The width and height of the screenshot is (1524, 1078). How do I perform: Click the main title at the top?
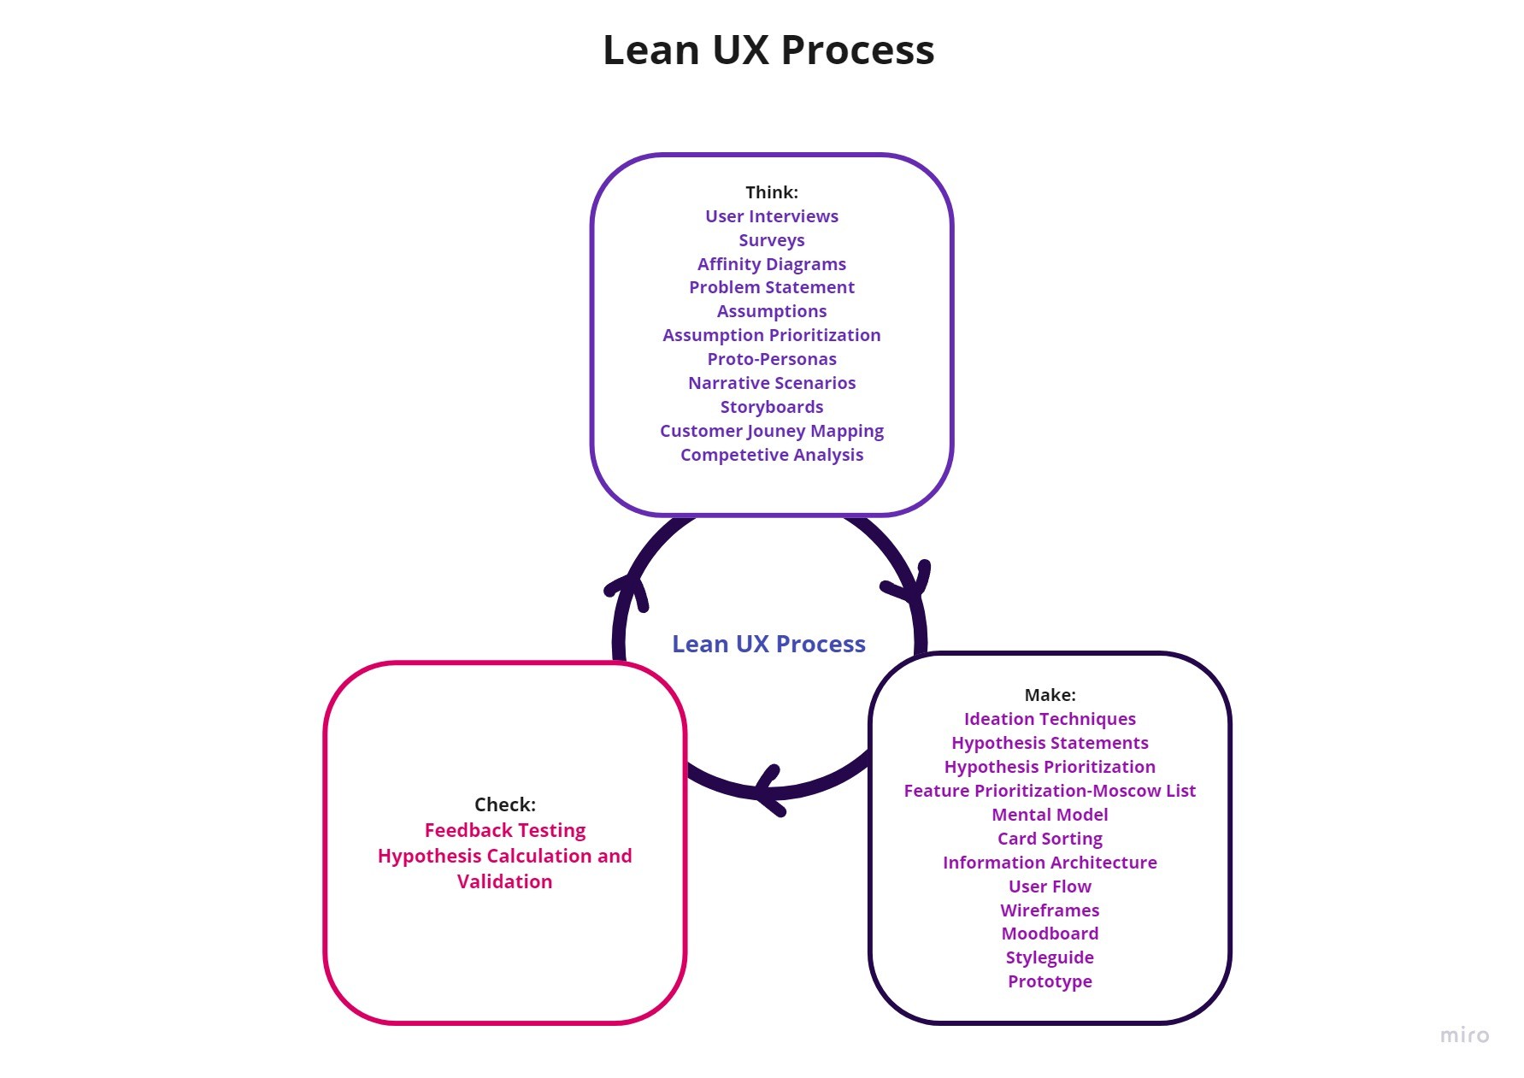click(x=768, y=50)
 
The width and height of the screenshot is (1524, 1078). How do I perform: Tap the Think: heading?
click(x=771, y=192)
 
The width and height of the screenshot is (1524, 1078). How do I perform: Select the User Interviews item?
click(x=771, y=216)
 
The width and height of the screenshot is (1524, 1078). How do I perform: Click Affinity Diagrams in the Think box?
click(x=771, y=264)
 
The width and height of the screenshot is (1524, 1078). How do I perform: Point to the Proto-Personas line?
click(x=771, y=359)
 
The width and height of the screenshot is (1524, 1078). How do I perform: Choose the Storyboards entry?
click(x=771, y=407)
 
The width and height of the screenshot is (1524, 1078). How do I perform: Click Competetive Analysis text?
click(x=771, y=455)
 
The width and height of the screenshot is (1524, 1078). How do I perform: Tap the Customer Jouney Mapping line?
click(x=771, y=431)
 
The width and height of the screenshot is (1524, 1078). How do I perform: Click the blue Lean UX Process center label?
click(x=768, y=644)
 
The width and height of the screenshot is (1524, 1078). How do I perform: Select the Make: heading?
click(x=1050, y=695)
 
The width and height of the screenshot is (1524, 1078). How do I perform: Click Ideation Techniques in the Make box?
click(x=1050, y=719)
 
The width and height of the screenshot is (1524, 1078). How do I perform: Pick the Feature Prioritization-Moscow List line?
click(x=1050, y=791)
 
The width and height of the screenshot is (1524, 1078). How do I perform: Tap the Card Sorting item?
click(x=1050, y=839)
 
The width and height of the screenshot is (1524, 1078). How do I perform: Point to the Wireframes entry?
click(x=1050, y=910)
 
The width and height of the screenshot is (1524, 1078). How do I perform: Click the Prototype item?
click(x=1050, y=981)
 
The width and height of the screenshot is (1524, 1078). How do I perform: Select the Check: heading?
click(x=504, y=804)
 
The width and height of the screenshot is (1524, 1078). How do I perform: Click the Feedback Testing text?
click(x=504, y=830)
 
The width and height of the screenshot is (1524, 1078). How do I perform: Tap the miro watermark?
click(x=1464, y=1035)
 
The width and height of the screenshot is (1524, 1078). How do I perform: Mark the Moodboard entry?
click(x=1050, y=934)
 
